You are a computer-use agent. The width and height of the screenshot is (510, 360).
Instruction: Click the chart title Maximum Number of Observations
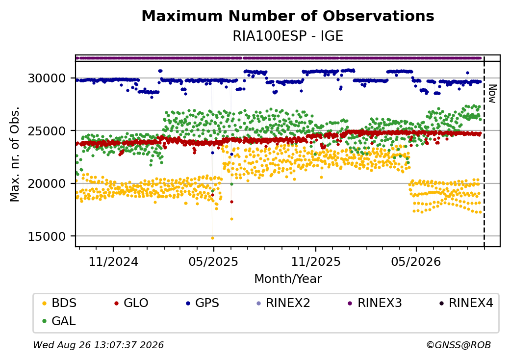pyautogui.click(x=288, y=16)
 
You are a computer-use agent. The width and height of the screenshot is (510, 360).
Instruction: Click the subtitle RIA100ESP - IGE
pyautogui.click(x=288, y=36)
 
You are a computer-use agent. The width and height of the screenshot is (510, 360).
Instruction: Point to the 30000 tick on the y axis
pyautogui.click(x=47, y=78)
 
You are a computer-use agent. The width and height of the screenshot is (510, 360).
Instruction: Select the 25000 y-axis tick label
pyautogui.click(x=47, y=131)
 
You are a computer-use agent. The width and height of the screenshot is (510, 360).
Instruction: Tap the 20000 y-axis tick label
pyautogui.click(x=47, y=184)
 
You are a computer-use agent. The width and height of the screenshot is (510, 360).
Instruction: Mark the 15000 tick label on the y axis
pyautogui.click(x=47, y=236)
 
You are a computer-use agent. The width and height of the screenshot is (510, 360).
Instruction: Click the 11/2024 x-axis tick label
pyautogui.click(x=113, y=261)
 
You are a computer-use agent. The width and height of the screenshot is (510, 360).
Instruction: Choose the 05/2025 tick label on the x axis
pyautogui.click(x=213, y=261)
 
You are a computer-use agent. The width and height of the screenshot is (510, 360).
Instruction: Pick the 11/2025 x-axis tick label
pyautogui.click(x=315, y=261)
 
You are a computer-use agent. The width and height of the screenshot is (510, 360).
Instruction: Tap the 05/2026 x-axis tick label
pyautogui.click(x=416, y=261)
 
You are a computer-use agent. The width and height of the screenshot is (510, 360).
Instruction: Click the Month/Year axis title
pyautogui.click(x=288, y=279)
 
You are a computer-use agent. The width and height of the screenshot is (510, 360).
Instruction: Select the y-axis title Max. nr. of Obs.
pyautogui.click(x=15, y=154)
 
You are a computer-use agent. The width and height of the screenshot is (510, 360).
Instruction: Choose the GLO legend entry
pyautogui.click(x=131, y=303)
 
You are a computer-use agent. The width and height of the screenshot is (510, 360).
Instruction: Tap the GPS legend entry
pyautogui.click(x=203, y=303)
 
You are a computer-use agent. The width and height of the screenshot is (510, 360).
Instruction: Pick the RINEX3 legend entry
pyautogui.click(x=375, y=303)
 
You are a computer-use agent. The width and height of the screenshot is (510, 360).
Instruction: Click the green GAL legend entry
pyautogui.click(x=59, y=321)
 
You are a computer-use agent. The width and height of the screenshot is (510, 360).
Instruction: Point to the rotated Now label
pyautogui.click(x=493, y=94)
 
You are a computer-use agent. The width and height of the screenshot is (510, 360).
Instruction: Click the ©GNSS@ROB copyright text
pyautogui.click(x=459, y=345)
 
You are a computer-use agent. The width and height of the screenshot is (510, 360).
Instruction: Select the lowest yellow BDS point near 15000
pyautogui.click(x=213, y=238)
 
